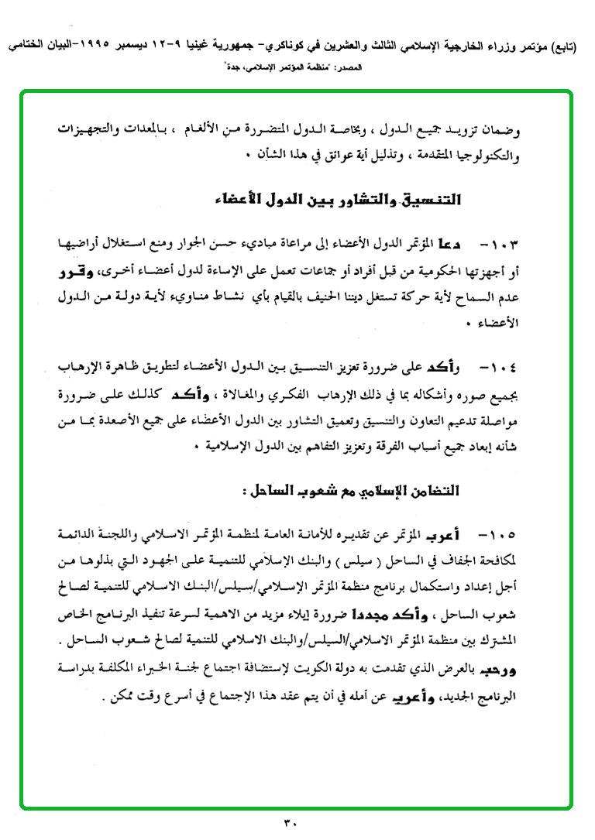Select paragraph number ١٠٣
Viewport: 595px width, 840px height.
pos(500,244)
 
